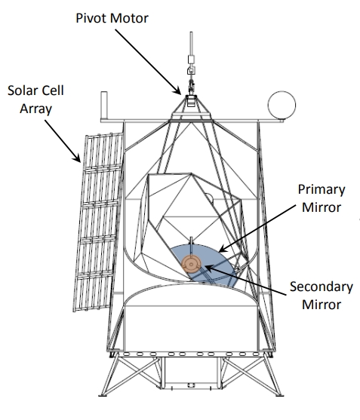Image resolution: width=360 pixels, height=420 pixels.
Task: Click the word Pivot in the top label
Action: (x=91, y=18)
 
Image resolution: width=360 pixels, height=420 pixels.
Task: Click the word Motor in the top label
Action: (x=129, y=18)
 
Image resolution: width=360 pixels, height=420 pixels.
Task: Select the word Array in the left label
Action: (x=36, y=109)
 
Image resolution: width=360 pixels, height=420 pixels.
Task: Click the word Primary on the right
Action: (x=322, y=190)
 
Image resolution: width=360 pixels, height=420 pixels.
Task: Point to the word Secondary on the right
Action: (x=322, y=287)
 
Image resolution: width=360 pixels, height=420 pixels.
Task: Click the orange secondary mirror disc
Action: (x=191, y=265)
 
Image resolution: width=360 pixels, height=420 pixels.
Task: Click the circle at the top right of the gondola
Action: (x=282, y=105)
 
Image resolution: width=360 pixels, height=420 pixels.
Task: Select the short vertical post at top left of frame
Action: (x=104, y=105)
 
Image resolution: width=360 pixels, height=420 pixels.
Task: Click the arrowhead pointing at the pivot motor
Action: (x=177, y=90)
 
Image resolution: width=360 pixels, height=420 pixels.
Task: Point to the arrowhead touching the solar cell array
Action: (x=77, y=158)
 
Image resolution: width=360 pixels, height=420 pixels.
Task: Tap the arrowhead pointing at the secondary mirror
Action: (x=209, y=268)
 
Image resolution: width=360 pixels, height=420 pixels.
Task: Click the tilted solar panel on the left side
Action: (x=98, y=222)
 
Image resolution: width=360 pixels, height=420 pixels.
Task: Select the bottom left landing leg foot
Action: (x=103, y=394)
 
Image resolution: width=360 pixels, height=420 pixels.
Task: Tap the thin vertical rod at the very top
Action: (x=191, y=44)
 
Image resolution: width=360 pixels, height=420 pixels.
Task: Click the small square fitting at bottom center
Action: (x=191, y=385)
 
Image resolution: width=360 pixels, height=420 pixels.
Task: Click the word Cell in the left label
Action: (x=53, y=90)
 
